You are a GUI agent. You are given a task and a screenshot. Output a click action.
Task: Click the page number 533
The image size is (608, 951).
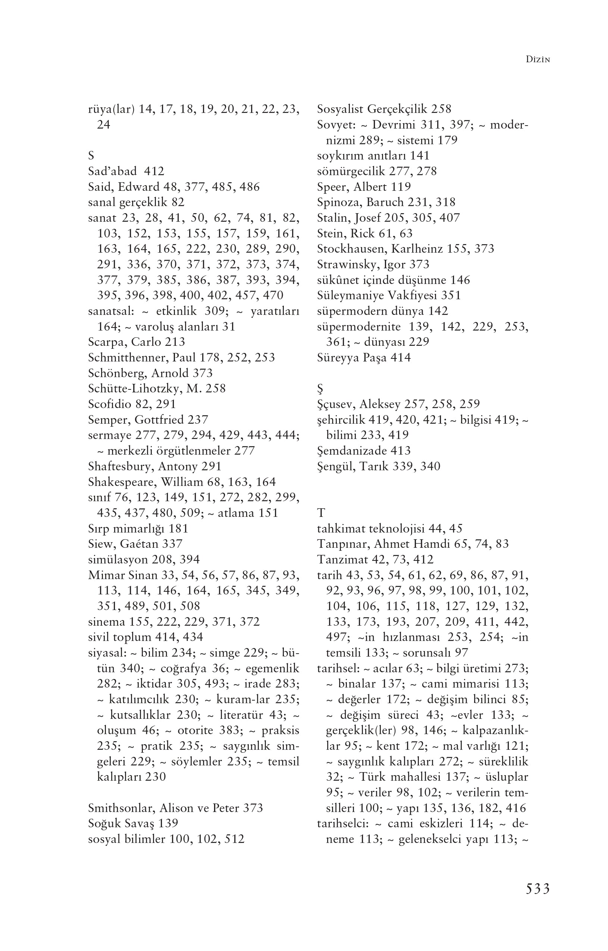click(537, 889)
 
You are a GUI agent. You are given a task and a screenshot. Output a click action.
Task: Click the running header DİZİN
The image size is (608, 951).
click(538, 60)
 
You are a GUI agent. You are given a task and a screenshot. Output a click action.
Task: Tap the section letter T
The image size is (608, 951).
click(321, 513)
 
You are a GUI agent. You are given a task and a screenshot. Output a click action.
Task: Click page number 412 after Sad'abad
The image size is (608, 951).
click(154, 171)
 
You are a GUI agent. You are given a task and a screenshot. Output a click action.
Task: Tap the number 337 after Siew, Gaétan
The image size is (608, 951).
click(172, 544)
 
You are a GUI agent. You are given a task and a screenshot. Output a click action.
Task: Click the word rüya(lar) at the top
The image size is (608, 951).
click(111, 109)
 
